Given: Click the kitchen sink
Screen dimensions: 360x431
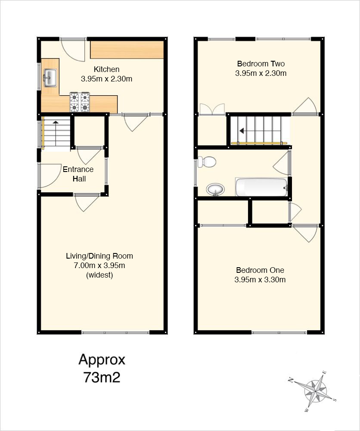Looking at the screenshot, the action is click(50, 77).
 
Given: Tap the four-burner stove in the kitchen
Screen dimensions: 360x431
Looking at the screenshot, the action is click(80, 102).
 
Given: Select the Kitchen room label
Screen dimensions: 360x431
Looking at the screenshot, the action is click(106, 69).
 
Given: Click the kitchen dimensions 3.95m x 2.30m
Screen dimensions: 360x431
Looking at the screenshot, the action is click(106, 79).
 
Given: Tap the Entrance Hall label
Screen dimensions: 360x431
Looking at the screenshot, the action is click(78, 174).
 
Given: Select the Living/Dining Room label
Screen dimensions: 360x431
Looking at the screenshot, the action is click(99, 256).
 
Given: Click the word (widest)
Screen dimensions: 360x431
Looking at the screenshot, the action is click(99, 275).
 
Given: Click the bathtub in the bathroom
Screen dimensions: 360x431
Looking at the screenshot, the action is click(261, 187).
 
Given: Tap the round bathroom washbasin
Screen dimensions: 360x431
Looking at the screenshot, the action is click(216, 190).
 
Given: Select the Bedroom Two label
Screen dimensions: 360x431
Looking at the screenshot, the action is click(261, 64).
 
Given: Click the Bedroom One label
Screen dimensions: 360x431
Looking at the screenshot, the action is click(260, 270).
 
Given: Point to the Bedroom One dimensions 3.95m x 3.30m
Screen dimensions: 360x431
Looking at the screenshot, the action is click(260, 280).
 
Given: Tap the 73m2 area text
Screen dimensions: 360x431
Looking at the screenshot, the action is click(102, 378).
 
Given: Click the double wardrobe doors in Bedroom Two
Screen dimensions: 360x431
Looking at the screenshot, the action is click(212, 109).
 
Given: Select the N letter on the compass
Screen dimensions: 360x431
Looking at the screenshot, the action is click(291, 380).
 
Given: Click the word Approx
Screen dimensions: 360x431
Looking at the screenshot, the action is click(102, 360).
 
